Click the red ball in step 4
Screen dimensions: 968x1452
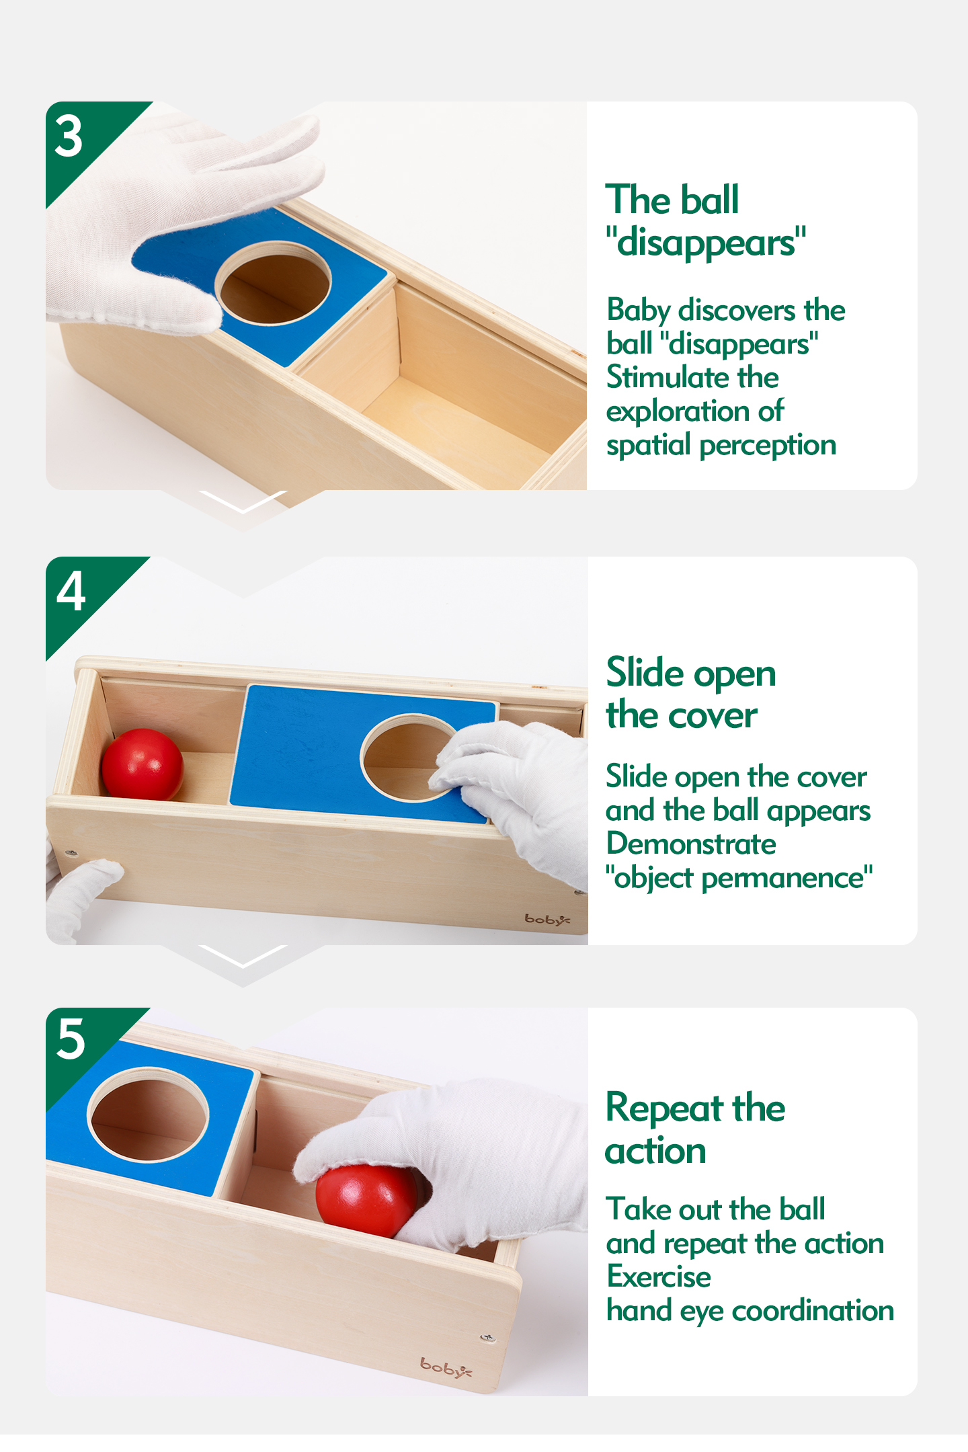(142, 764)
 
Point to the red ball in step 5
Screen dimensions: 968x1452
(367, 1201)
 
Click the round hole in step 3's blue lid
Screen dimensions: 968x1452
(274, 283)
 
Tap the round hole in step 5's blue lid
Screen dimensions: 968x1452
(149, 1114)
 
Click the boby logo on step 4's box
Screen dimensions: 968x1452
(547, 919)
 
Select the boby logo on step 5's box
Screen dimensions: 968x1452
(446, 1367)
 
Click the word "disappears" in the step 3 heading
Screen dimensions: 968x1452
(706, 243)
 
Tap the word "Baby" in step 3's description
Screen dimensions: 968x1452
(639, 311)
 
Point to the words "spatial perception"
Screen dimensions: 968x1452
(721, 446)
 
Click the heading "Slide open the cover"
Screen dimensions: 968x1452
(691, 693)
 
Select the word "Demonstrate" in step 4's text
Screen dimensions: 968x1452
(692, 844)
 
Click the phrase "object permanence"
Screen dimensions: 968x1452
(739, 878)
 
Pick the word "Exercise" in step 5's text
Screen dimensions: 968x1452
(659, 1277)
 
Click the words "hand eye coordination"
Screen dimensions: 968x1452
(750, 1311)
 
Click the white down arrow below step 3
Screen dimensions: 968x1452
(243, 502)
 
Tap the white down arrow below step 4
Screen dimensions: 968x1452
(243, 957)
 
